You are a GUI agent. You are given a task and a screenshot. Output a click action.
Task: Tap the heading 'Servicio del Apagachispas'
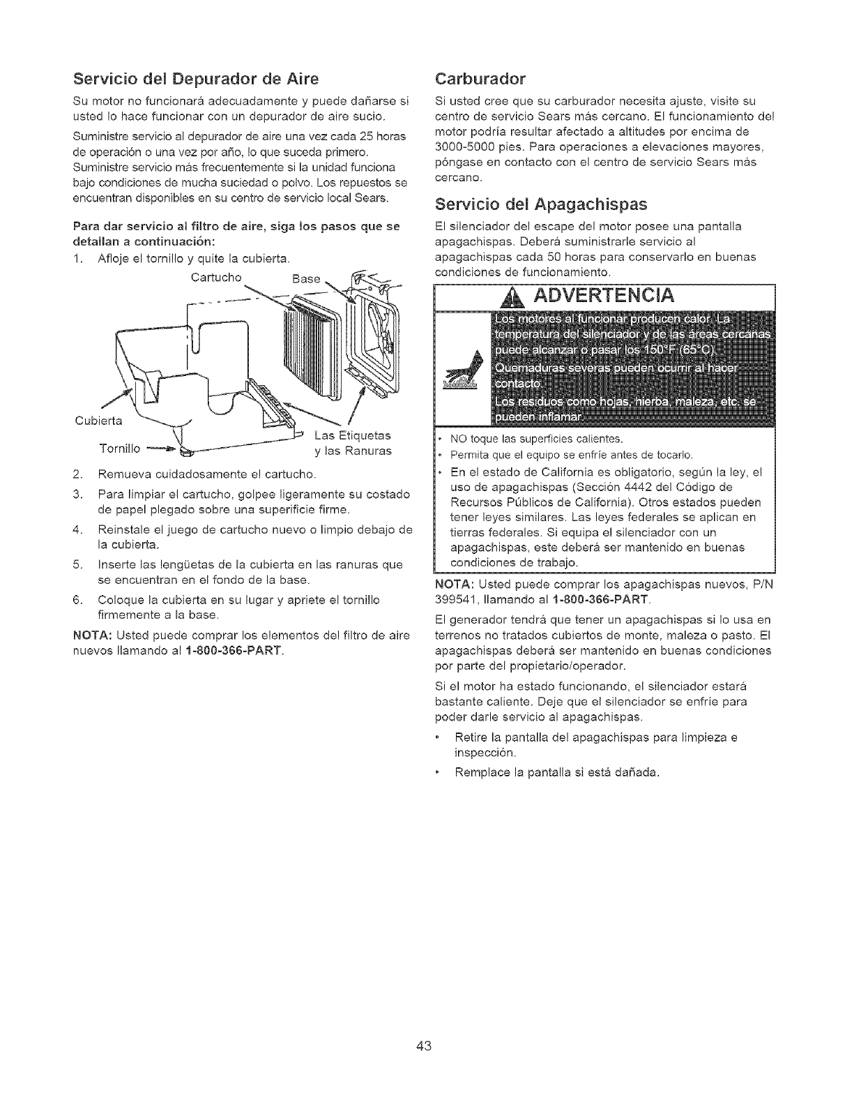[540, 204]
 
